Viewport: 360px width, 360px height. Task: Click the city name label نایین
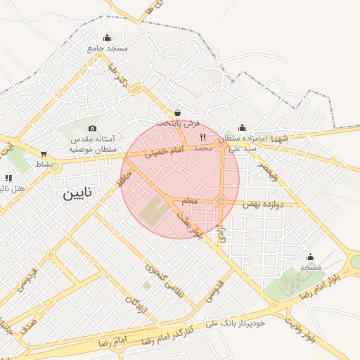(78, 193)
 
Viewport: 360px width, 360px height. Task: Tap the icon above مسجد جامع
(107, 38)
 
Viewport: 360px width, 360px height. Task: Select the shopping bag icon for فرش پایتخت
(177, 112)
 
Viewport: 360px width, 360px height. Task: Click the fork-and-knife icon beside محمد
(203, 137)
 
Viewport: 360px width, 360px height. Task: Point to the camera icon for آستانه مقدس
(92, 129)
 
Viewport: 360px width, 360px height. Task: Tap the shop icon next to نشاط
(44, 154)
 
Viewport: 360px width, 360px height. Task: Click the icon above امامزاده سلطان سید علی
(243, 128)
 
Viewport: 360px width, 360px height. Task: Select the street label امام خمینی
(163, 151)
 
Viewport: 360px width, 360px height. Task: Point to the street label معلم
(188, 202)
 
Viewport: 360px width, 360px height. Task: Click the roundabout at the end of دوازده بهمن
(221, 202)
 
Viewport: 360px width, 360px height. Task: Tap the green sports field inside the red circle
(154, 212)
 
